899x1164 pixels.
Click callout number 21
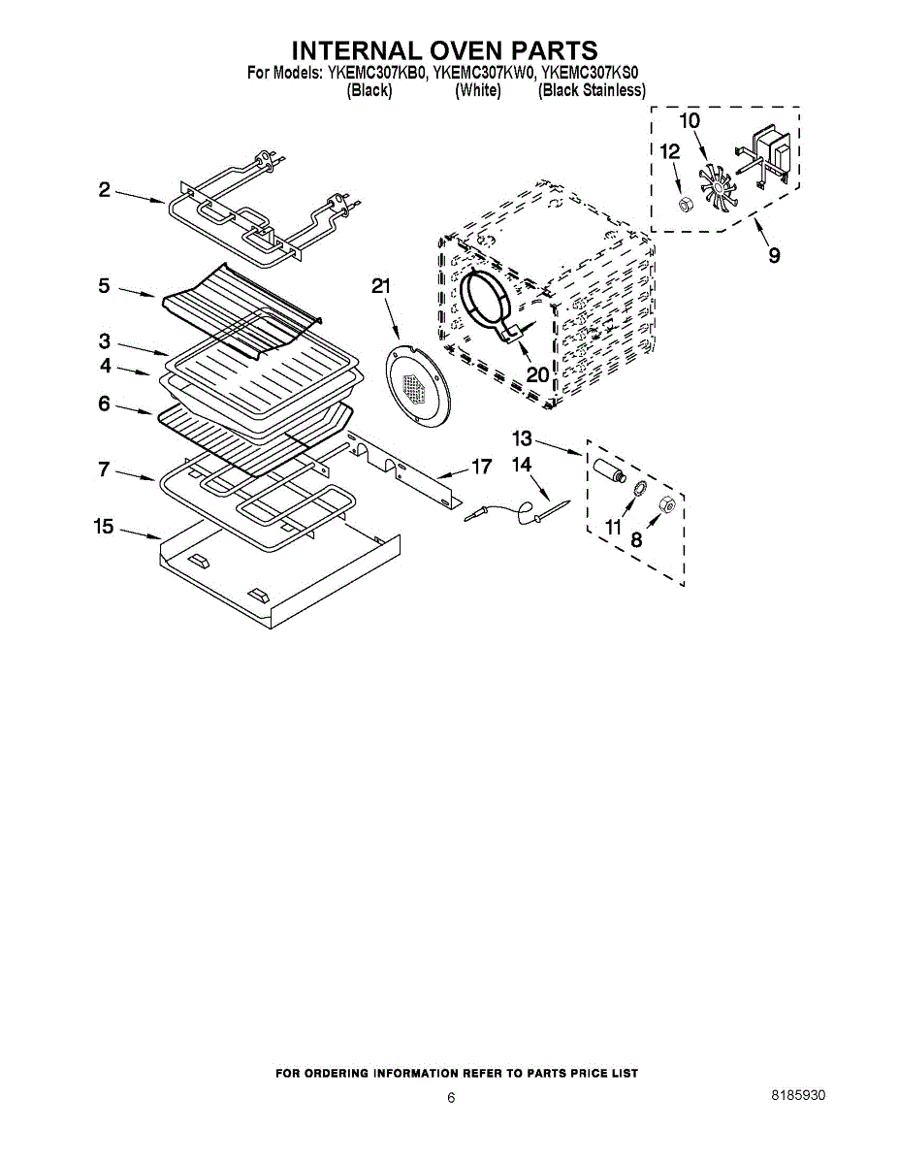click(381, 287)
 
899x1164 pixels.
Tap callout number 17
click(481, 467)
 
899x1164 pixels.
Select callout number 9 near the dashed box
click(774, 255)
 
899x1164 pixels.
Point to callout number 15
click(104, 527)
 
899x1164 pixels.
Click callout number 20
click(537, 374)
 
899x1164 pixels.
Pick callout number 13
click(522, 438)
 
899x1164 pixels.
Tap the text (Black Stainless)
click(592, 90)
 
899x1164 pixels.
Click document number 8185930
click(798, 1095)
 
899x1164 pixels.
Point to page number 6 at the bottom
click(451, 1098)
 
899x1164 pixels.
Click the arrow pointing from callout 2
click(140, 197)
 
